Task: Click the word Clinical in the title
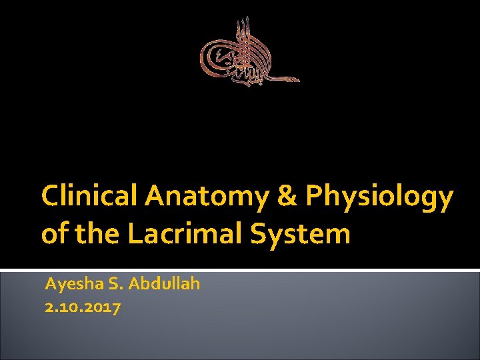pos(89,197)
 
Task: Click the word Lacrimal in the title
pos(175,234)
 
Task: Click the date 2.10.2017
pos(83,307)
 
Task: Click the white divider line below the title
pos(240,270)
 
